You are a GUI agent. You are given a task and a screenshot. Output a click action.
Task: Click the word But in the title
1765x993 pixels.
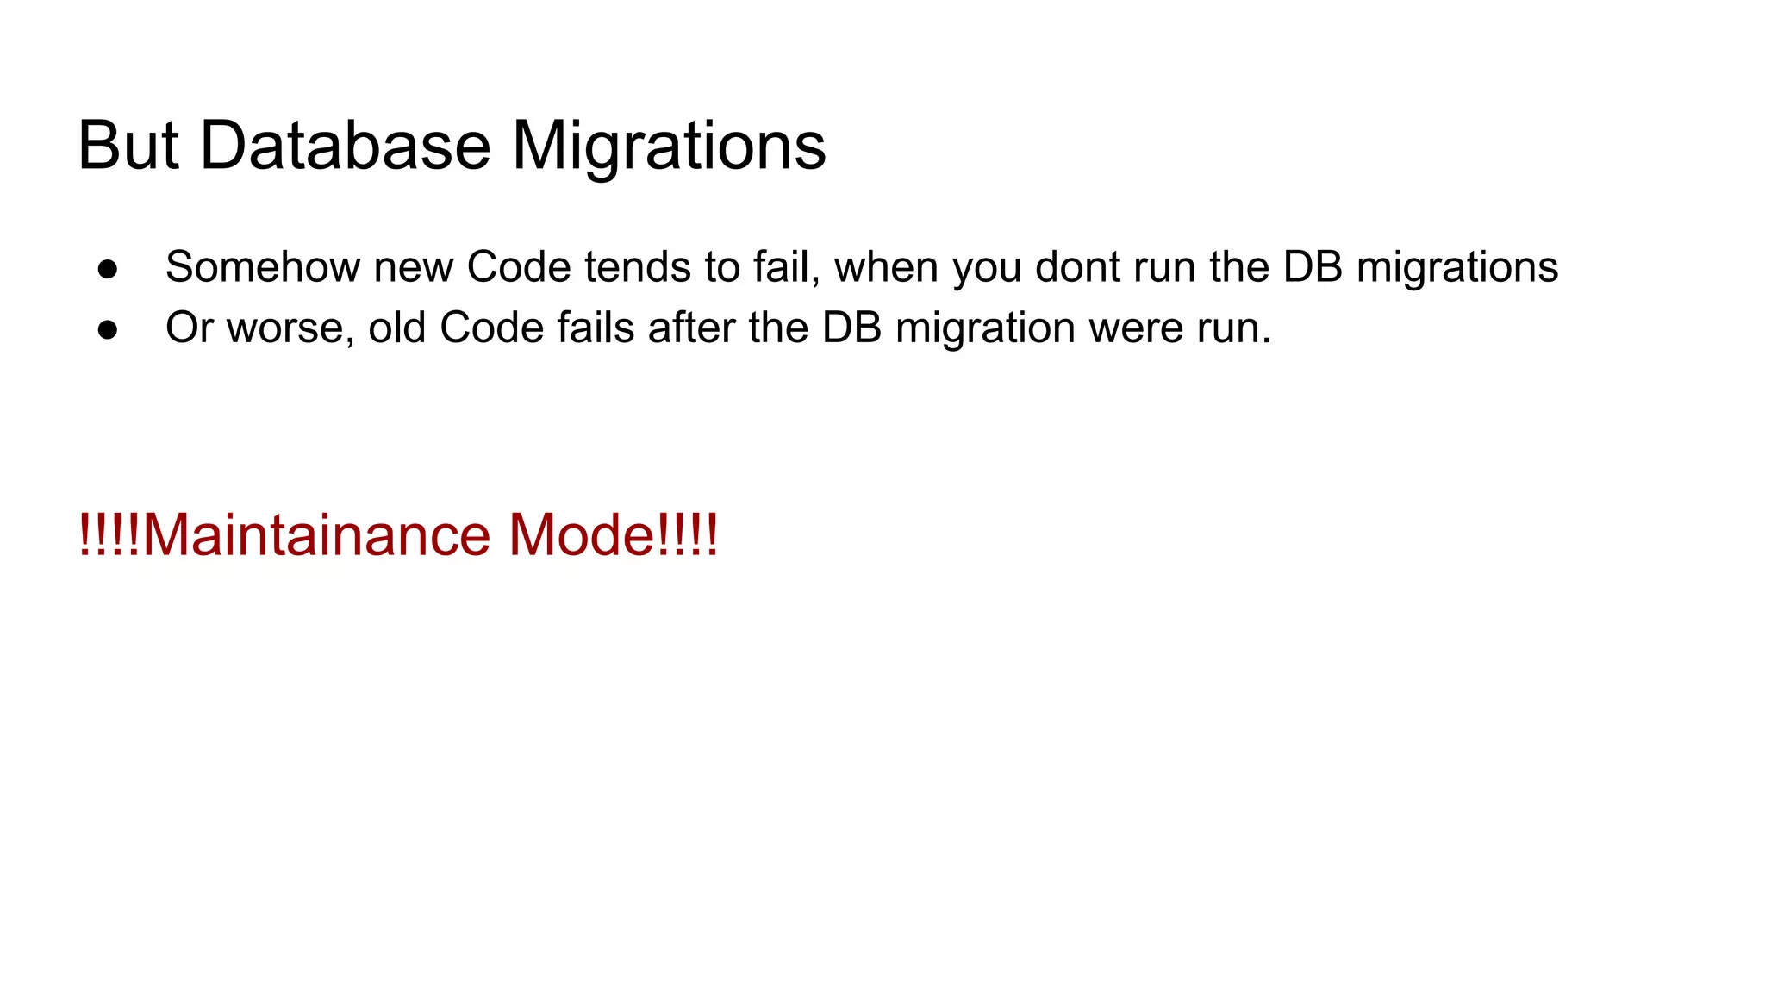(128, 146)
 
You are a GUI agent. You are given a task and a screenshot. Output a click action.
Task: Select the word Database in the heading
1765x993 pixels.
(345, 146)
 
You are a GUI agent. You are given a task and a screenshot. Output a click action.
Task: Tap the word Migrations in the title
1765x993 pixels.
(669, 146)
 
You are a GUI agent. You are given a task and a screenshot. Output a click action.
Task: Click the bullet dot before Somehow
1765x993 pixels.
(108, 268)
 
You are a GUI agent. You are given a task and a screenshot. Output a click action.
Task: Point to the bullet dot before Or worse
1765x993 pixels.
(108, 328)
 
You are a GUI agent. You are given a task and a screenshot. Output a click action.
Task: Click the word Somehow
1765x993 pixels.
(262, 267)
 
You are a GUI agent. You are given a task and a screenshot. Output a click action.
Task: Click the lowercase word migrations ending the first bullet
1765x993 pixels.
(1456, 267)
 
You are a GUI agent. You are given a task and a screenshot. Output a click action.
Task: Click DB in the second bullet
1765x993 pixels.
(851, 328)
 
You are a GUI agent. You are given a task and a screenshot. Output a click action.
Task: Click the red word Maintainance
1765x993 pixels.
(316, 535)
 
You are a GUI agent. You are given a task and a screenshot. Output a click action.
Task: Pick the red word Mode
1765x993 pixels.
(582, 535)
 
